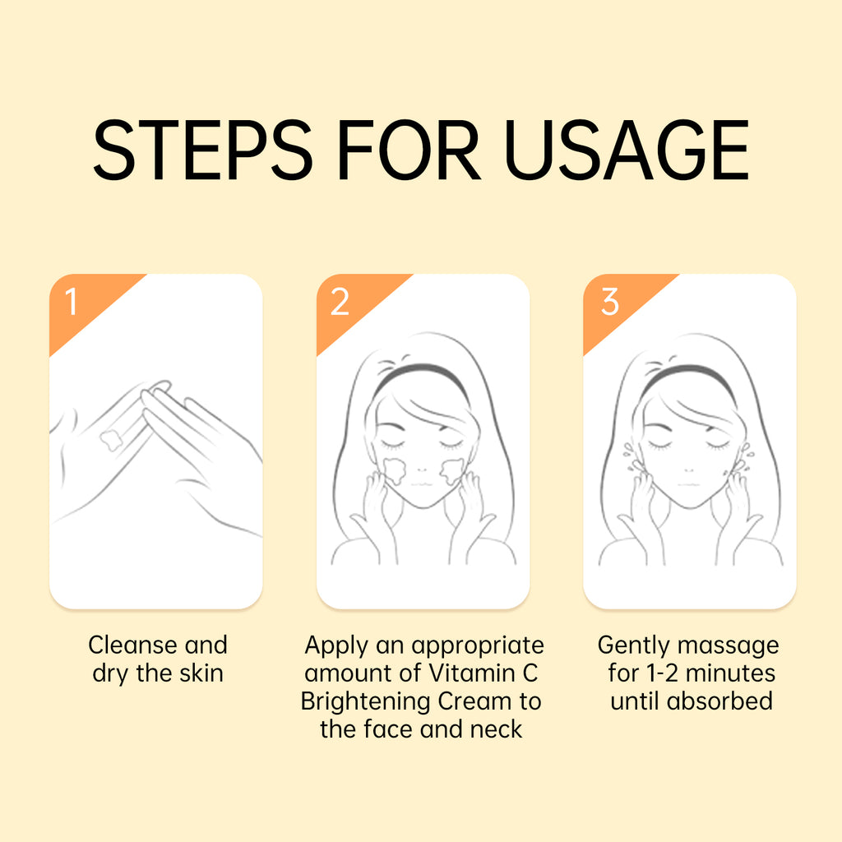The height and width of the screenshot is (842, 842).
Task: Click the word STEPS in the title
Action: (202, 150)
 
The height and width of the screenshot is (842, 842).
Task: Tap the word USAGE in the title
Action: (627, 150)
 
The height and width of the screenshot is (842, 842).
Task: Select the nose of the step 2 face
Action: (422, 470)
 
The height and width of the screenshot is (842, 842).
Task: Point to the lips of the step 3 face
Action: (689, 484)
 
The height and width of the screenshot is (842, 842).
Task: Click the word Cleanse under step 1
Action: (133, 645)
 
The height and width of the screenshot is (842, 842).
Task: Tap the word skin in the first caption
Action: (201, 673)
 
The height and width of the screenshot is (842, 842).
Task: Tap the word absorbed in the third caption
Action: (719, 701)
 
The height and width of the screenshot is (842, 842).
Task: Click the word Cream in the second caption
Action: (474, 701)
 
